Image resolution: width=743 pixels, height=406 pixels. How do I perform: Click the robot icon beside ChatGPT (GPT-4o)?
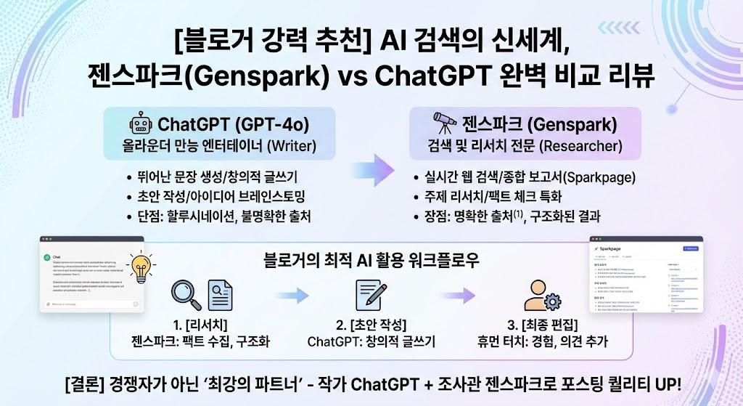(x=141, y=122)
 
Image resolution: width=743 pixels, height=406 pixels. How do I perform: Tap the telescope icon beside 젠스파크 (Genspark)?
(x=443, y=122)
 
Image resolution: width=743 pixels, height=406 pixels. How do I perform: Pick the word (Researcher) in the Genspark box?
(x=580, y=146)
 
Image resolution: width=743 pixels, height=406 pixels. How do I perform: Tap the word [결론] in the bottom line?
(x=86, y=382)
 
